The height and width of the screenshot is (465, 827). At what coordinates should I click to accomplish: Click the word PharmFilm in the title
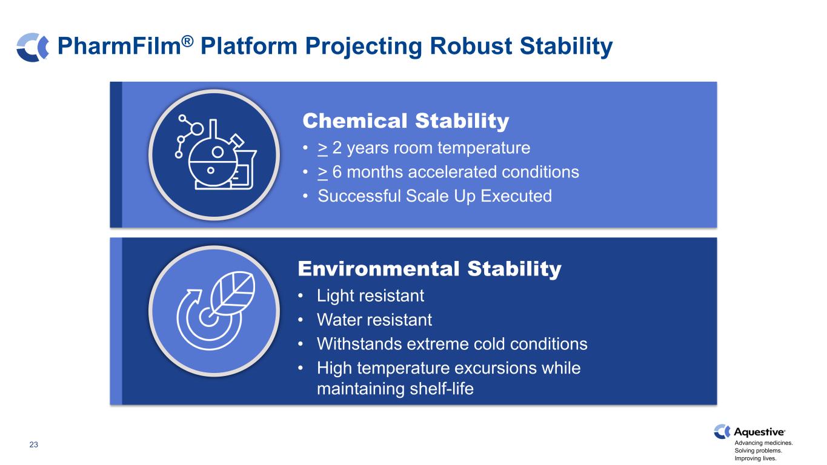[x=119, y=46]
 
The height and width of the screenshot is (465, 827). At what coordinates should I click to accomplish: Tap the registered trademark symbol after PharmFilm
[x=188, y=41]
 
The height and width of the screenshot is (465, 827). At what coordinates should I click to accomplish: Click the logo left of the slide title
[x=33, y=47]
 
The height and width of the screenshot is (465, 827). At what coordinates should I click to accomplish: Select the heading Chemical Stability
[x=405, y=121]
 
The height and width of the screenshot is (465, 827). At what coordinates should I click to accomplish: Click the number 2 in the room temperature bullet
[x=337, y=148]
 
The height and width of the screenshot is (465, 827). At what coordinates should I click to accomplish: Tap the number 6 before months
[x=337, y=173]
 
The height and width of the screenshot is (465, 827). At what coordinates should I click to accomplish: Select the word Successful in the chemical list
[x=359, y=196]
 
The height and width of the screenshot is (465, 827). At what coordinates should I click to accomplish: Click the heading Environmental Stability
[x=430, y=269]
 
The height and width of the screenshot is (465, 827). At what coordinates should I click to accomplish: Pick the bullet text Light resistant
[x=370, y=296]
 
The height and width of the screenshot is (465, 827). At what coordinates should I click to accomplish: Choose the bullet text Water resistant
[x=374, y=320]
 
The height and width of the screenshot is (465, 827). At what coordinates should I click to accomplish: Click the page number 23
[x=33, y=444]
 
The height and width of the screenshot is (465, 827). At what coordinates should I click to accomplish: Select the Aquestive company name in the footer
[x=759, y=432]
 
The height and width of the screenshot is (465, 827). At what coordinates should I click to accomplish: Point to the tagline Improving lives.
[x=756, y=458]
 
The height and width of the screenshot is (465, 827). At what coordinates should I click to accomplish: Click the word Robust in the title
[x=471, y=46]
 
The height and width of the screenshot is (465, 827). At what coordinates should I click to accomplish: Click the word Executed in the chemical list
[x=516, y=196]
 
